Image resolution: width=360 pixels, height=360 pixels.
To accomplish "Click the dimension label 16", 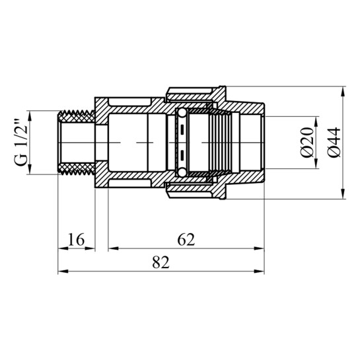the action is [x=76, y=239].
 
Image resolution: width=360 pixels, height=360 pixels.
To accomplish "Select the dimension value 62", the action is [x=186, y=239].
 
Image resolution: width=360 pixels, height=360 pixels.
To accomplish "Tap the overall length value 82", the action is [x=161, y=262].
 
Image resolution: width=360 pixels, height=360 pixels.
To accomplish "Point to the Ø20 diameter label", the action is [x=307, y=142].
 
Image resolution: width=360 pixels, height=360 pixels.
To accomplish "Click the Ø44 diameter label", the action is [x=334, y=142].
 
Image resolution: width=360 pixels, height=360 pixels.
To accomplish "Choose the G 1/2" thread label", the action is [x=21, y=143].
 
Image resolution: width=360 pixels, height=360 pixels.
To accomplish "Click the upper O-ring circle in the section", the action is [x=182, y=113].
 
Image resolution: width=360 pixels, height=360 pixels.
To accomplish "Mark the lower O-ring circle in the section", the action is [x=182, y=172].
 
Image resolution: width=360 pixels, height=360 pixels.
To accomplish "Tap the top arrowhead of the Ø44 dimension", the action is [x=343, y=91].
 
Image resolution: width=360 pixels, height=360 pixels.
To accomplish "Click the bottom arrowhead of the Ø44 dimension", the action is [x=343, y=194].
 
